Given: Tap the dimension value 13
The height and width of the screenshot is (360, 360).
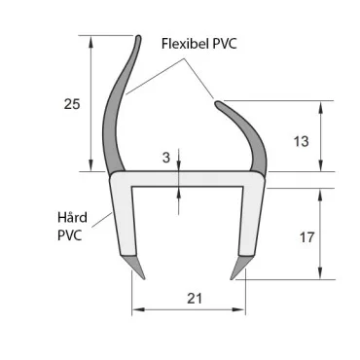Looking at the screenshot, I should click(x=301, y=141).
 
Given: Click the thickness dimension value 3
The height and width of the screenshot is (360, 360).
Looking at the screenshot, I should click(x=166, y=156).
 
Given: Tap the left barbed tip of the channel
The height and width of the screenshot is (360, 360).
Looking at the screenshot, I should click(x=137, y=266).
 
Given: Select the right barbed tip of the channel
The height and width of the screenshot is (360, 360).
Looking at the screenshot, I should click(x=237, y=266).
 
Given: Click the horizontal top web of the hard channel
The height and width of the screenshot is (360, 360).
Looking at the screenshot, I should click(x=185, y=181).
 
